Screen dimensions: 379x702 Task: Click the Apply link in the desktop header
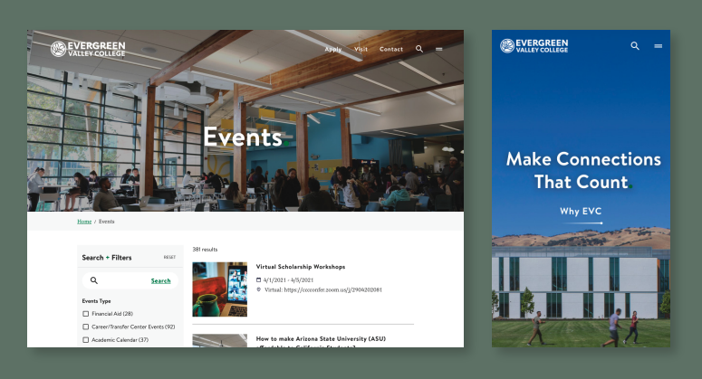[x=332, y=49]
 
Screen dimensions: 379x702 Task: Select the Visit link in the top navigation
[x=361, y=49]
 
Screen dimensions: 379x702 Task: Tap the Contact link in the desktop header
[x=391, y=49]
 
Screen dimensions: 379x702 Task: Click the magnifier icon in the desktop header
[x=419, y=49]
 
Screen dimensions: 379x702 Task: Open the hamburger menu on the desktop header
[x=439, y=49]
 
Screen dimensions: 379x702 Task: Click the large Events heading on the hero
[x=243, y=137]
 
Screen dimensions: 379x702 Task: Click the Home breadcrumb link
[x=84, y=222]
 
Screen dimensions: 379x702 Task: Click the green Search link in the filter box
[x=160, y=280]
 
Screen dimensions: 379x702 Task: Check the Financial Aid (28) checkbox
[x=86, y=313]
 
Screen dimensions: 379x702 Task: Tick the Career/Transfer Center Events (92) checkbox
[x=86, y=327]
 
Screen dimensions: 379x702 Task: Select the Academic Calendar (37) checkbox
[x=86, y=340]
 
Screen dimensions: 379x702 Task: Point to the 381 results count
[x=205, y=249]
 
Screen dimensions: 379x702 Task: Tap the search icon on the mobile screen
[x=635, y=45]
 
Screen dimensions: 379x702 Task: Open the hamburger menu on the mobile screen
[x=658, y=45]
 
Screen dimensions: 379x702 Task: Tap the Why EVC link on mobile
[x=581, y=212]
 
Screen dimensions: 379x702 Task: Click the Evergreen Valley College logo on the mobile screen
[x=534, y=45]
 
